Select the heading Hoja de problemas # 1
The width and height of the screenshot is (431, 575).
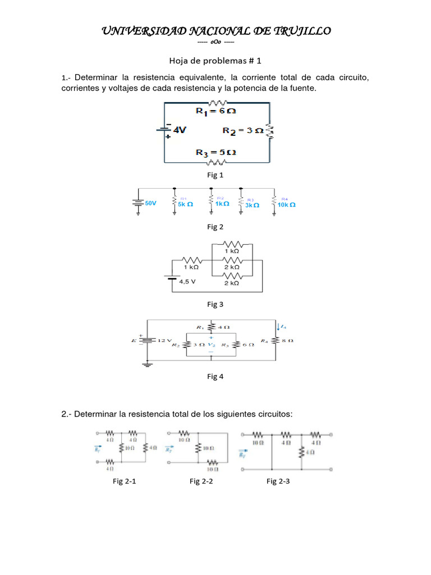pyautogui.click(x=215, y=60)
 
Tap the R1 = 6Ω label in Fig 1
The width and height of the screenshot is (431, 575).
pyautogui.click(x=216, y=111)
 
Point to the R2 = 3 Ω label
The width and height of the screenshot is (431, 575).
pyautogui.click(x=242, y=131)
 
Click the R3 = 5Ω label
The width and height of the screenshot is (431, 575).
pyautogui.click(x=216, y=152)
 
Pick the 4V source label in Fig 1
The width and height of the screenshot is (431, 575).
pyautogui.click(x=180, y=130)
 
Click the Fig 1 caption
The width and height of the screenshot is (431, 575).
pyautogui.click(x=215, y=175)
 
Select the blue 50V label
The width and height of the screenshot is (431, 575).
pyautogui.click(x=150, y=203)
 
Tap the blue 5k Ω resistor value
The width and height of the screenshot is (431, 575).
pyautogui.click(x=185, y=205)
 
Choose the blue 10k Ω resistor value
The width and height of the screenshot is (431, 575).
pyautogui.click(x=286, y=205)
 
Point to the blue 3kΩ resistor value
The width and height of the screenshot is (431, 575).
pyautogui.click(x=252, y=206)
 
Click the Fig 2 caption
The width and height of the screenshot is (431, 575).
pyautogui.click(x=215, y=227)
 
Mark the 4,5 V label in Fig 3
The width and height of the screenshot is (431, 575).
pyautogui.click(x=187, y=282)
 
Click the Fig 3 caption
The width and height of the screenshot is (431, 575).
pyautogui.click(x=215, y=304)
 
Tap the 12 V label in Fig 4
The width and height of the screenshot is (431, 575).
pyautogui.click(x=165, y=340)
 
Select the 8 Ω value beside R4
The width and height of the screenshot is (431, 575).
pyautogui.click(x=288, y=340)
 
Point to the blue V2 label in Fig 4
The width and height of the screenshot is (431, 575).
pyautogui.click(x=211, y=345)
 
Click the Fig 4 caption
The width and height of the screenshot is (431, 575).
pyautogui.click(x=215, y=376)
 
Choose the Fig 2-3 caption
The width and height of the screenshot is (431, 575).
pyautogui.click(x=278, y=481)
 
